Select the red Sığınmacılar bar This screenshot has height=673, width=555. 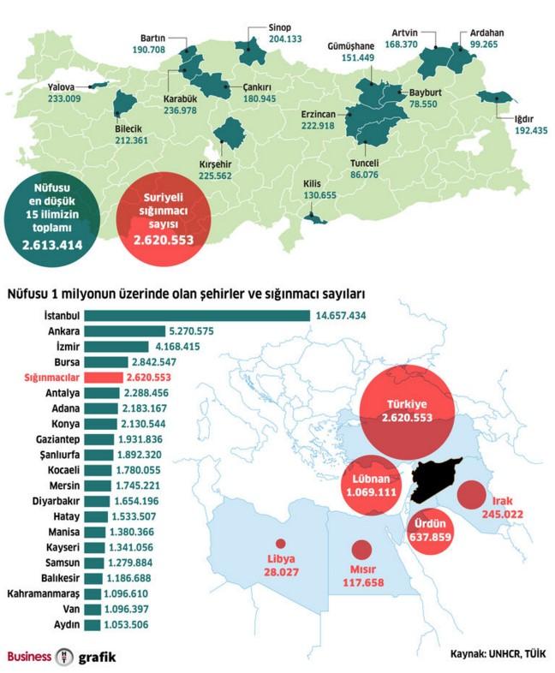click(104, 377)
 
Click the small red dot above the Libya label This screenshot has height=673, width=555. click(280, 543)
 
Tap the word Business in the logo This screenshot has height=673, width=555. click(29, 657)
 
